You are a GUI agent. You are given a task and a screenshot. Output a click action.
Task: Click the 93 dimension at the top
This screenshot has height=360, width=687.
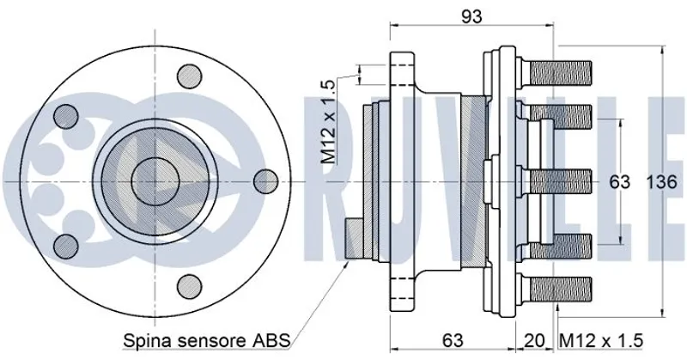(x=471, y=16)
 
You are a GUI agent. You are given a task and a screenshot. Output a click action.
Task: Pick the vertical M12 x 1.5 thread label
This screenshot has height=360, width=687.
(x=327, y=121)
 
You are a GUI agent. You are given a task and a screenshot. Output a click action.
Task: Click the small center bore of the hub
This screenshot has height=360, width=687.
(x=155, y=181)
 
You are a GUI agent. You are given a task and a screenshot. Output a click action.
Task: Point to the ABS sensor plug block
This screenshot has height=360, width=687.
(x=355, y=240)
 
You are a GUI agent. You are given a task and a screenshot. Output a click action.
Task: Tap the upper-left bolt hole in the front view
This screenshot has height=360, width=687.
(x=64, y=116)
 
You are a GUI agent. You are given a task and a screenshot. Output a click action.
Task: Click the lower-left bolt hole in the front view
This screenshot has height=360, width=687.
(x=64, y=247)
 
